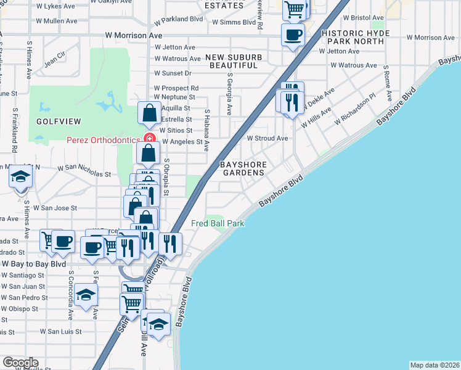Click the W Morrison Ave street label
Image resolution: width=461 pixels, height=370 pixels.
133,36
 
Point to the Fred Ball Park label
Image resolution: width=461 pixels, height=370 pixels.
218,223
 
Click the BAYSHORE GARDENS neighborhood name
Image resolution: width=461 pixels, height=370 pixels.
243,169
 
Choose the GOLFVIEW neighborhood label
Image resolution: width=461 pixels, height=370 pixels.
55,121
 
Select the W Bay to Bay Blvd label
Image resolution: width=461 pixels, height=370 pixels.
33,263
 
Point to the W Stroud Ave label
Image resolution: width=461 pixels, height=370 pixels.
267,139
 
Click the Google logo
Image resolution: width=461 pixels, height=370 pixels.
20,363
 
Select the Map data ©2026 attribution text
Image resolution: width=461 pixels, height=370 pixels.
434,364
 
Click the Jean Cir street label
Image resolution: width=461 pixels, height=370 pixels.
54,61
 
